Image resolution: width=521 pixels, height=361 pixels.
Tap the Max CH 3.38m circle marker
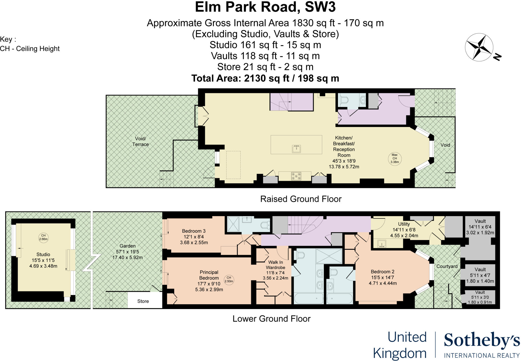395,158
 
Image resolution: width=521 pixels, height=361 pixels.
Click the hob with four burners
296,176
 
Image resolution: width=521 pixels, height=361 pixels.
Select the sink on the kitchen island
296,149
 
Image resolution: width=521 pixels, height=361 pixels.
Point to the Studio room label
43,254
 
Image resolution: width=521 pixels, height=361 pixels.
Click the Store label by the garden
143,301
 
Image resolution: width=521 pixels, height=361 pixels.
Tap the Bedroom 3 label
194,231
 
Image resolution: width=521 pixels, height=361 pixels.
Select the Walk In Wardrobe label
276,265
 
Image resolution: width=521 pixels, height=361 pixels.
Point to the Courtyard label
447,266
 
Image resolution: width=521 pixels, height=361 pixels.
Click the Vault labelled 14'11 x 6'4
480,227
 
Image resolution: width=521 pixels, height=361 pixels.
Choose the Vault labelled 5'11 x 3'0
480,297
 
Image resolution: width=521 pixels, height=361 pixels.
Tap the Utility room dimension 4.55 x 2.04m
404,235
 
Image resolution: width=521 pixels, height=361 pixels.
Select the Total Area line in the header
265,78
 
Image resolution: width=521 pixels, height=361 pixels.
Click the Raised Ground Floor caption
301,199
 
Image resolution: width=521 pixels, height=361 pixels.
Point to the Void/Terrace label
140,142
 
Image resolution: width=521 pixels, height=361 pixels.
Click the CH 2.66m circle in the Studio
43,237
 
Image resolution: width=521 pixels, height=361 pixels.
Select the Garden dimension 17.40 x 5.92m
127,257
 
